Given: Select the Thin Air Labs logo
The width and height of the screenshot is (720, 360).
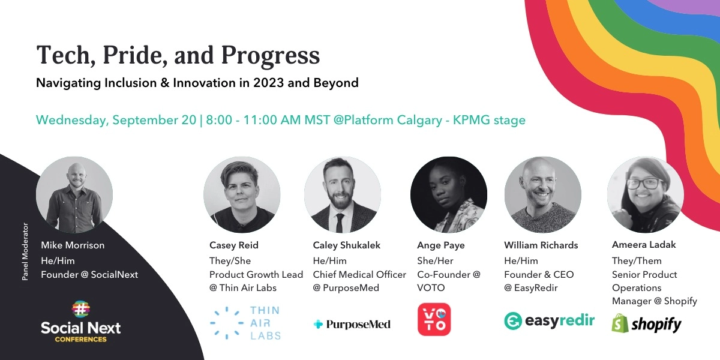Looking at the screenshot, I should [x=245, y=323].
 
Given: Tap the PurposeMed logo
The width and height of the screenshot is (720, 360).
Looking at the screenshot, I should [x=352, y=325].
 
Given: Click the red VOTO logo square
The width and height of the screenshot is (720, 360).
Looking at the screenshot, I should [x=434, y=319].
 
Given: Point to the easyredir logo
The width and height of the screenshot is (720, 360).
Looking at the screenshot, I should [x=549, y=320].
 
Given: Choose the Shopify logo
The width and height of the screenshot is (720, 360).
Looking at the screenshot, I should [x=646, y=325].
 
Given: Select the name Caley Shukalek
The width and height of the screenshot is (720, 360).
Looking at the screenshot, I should [x=347, y=245].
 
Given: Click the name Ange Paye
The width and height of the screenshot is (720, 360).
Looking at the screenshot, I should [x=440, y=245].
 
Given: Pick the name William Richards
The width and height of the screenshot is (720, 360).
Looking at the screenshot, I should [x=541, y=245].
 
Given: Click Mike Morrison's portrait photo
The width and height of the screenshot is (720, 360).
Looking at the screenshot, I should [x=74, y=194].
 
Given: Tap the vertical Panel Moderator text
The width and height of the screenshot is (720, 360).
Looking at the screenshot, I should [x=25, y=252].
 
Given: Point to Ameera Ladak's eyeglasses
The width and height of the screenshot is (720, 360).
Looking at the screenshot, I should [x=644, y=183].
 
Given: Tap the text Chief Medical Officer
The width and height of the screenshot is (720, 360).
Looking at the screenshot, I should [x=359, y=275].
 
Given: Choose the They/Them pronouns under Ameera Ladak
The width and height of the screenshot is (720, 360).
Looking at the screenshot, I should [x=637, y=261].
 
